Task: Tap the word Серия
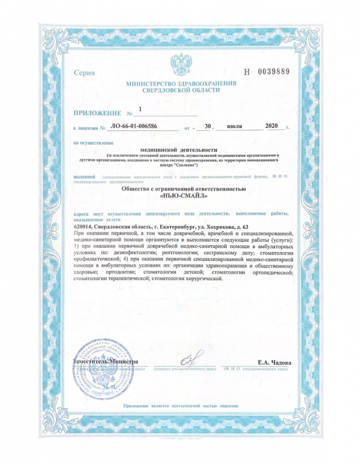pyautogui.click(x=84, y=73)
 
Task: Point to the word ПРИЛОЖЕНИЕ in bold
pyautogui.click(x=98, y=112)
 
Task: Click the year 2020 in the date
pyautogui.click(x=272, y=126)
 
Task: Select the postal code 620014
pyautogui.click(x=88, y=227)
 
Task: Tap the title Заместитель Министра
pyautogui.click(x=105, y=362)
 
